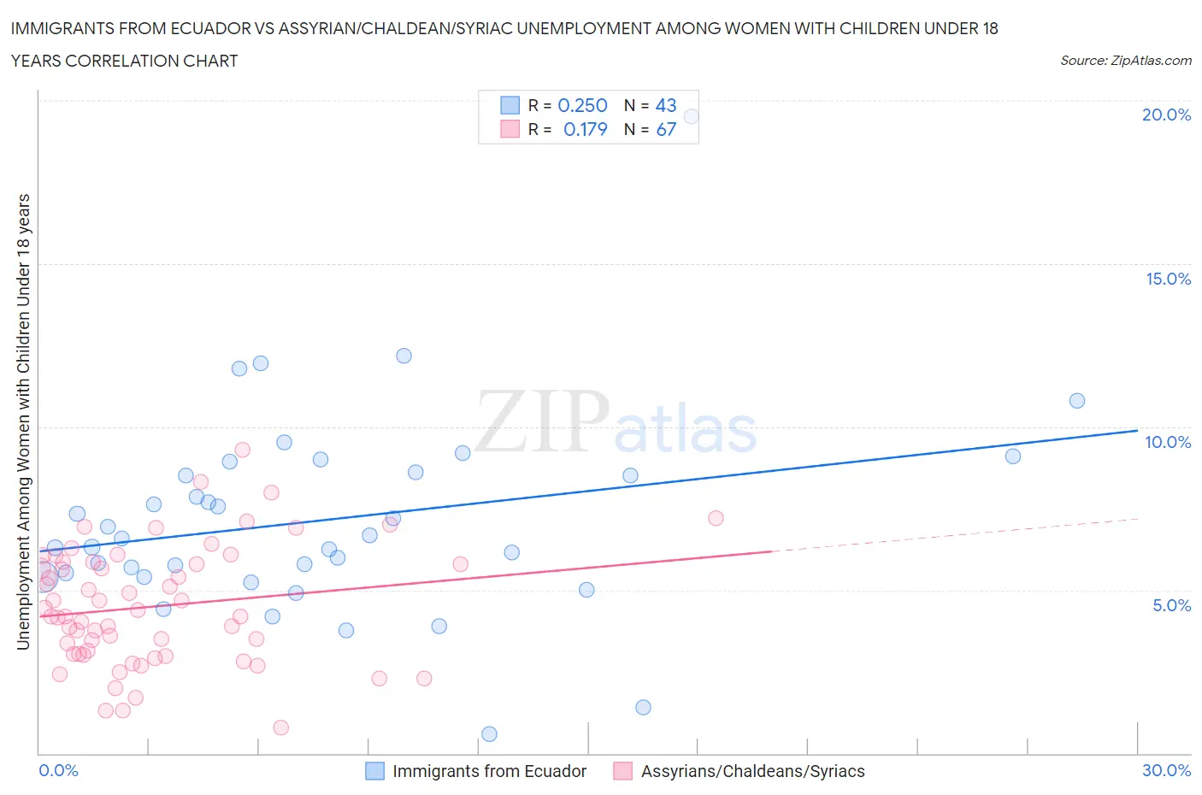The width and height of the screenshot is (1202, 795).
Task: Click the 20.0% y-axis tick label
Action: pyautogui.click(x=1166, y=115)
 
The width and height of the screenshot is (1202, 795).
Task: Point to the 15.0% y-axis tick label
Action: pyautogui.click(x=1168, y=279)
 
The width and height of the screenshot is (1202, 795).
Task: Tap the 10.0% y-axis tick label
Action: pyautogui.click(x=1168, y=442)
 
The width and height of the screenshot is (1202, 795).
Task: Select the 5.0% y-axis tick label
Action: pyautogui.click(x=1171, y=605)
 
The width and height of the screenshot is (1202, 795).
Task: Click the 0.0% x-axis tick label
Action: pyautogui.click(x=58, y=770)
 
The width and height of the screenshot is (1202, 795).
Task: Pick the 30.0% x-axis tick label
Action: pyautogui.click(x=1166, y=770)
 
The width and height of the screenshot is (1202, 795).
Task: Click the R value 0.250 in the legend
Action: pyautogui.click(x=582, y=105)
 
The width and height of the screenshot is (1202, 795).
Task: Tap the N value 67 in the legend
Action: pyautogui.click(x=666, y=129)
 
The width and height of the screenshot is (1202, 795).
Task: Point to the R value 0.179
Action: pyautogui.click(x=585, y=129)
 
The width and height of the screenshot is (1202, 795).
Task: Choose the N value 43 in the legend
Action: pyautogui.click(x=666, y=105)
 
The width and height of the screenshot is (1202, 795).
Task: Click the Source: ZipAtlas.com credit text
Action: pyautogui.click(x=1125, y=61)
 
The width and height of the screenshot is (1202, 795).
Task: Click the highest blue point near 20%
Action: pyautogui.click(x=692, y=116)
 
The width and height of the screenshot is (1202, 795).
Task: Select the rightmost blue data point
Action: pyautogui.click(x=1077, y=401)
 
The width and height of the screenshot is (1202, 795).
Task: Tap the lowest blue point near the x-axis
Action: pyautogui.click(x=489, y=734)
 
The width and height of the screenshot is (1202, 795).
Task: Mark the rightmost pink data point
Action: pyautogui.click(x=716, y=518)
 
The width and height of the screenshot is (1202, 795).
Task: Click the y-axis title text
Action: pyautogui.click(x=24, y=421)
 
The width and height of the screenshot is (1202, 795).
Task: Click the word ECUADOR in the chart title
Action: pyautogui.click(x=207, y=28)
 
